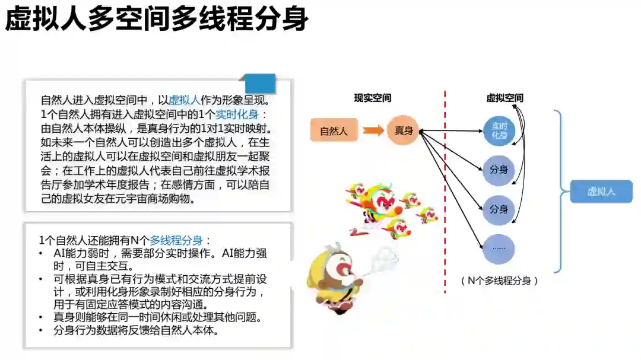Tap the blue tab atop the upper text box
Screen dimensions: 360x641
click(260, 84)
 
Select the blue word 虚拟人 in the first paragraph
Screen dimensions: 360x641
click(185, 100)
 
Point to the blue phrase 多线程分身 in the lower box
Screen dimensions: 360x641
click(176, 240)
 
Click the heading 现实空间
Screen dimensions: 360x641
click(372, 98)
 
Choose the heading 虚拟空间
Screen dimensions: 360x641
click(504, 98)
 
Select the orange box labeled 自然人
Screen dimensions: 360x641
click(334, 131)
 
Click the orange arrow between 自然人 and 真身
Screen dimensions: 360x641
click(373, 130)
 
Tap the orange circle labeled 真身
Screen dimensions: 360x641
click(404, 130)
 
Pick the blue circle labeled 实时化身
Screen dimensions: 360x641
click(499, 130)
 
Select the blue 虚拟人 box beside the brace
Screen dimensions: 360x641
click(601, 192)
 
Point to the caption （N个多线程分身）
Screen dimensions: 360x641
click(499, 281)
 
